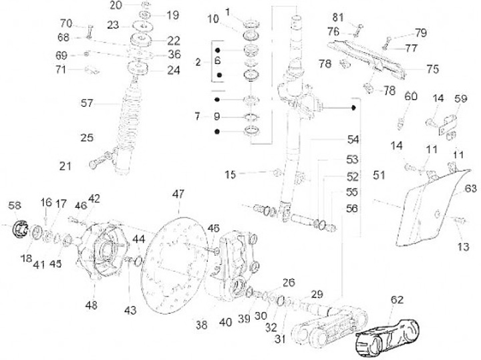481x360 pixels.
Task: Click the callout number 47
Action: [x=178, y=194]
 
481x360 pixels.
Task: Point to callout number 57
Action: [x=88, y=104]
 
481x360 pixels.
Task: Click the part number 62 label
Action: [x=396, y=300]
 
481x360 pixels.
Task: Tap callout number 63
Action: [x=470, y=188]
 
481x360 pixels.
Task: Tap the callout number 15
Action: [x=230, y=174]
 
